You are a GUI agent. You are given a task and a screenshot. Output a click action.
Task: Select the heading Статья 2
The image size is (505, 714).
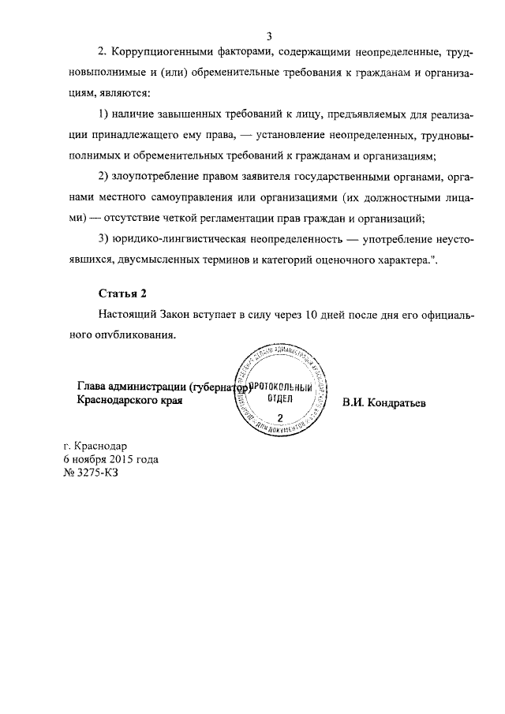(122, 294)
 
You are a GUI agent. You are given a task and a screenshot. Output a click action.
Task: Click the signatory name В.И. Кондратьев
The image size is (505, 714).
(383, 402)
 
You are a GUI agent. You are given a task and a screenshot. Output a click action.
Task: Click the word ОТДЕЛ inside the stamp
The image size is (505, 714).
(281, 399)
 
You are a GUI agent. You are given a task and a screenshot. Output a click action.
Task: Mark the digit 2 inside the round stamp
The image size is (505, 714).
(280, 415)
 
